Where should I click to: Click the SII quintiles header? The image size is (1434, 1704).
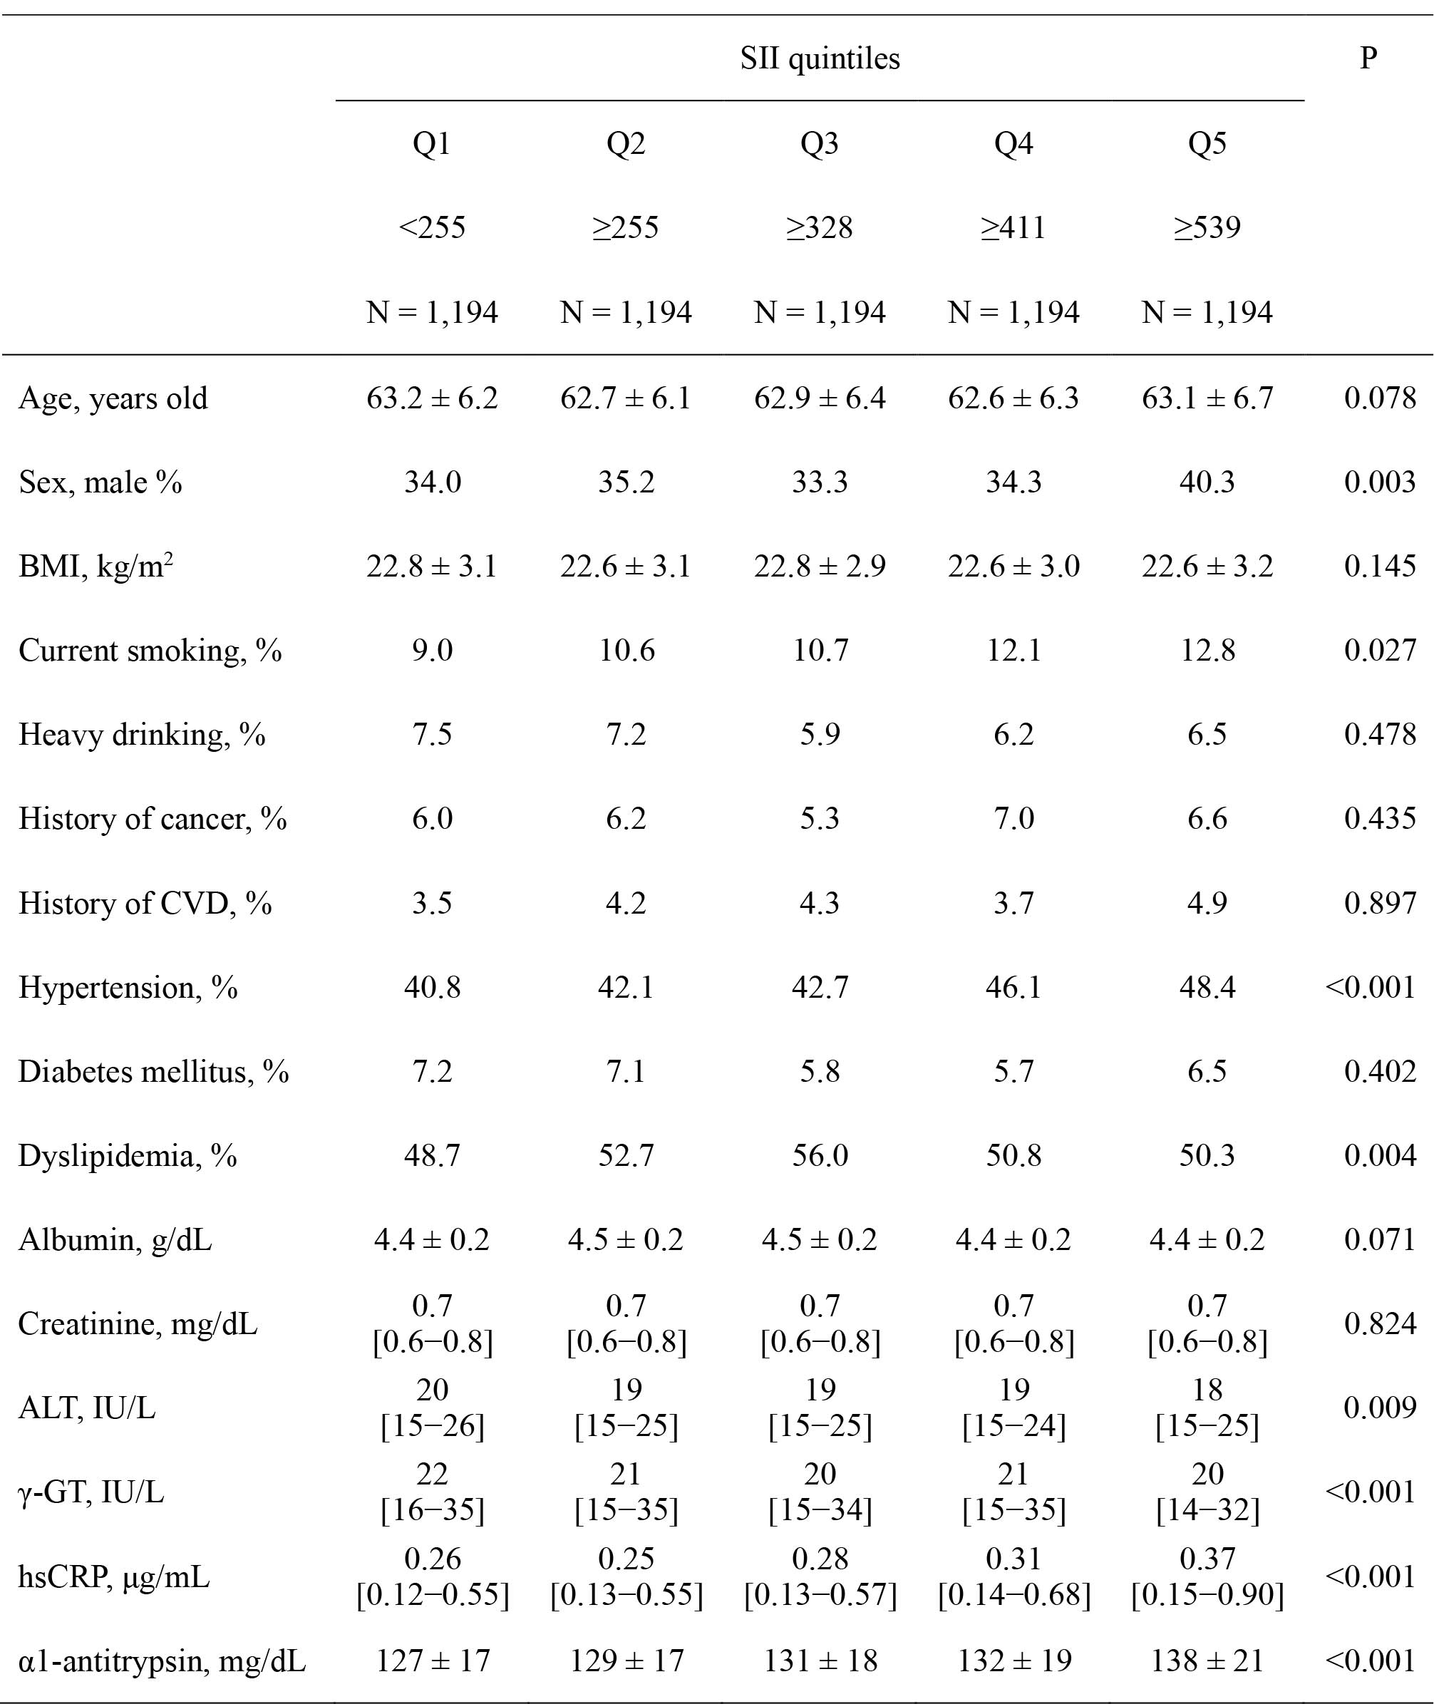point(820,58)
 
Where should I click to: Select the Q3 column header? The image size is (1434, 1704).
point(820,144)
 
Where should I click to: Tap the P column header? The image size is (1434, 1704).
point(1368,58)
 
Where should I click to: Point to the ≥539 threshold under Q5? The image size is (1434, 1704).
point(1207,227)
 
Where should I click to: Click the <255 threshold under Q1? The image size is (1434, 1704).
point(432,227)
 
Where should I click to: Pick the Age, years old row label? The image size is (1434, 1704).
point(113,398)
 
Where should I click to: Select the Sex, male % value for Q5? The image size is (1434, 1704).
point(1207,482)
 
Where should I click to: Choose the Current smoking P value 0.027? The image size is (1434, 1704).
point(1380,651)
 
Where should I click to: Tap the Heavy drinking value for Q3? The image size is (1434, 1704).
point(820,734)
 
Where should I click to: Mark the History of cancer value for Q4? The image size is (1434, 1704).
point(1013,819)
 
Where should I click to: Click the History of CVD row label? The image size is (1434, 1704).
point(145,903)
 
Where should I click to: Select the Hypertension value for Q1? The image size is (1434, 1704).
point(432,987)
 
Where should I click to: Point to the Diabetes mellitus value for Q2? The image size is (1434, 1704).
point(626,1072)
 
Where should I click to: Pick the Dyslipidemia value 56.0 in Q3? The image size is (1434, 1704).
point(820,1155)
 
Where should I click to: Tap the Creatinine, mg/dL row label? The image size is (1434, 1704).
point(138,1324)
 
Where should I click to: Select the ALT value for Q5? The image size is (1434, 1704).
point(1207,1408)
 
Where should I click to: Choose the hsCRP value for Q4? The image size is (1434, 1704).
point(1013,1576)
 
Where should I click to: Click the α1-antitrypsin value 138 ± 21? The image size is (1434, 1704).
point(1207,1660)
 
